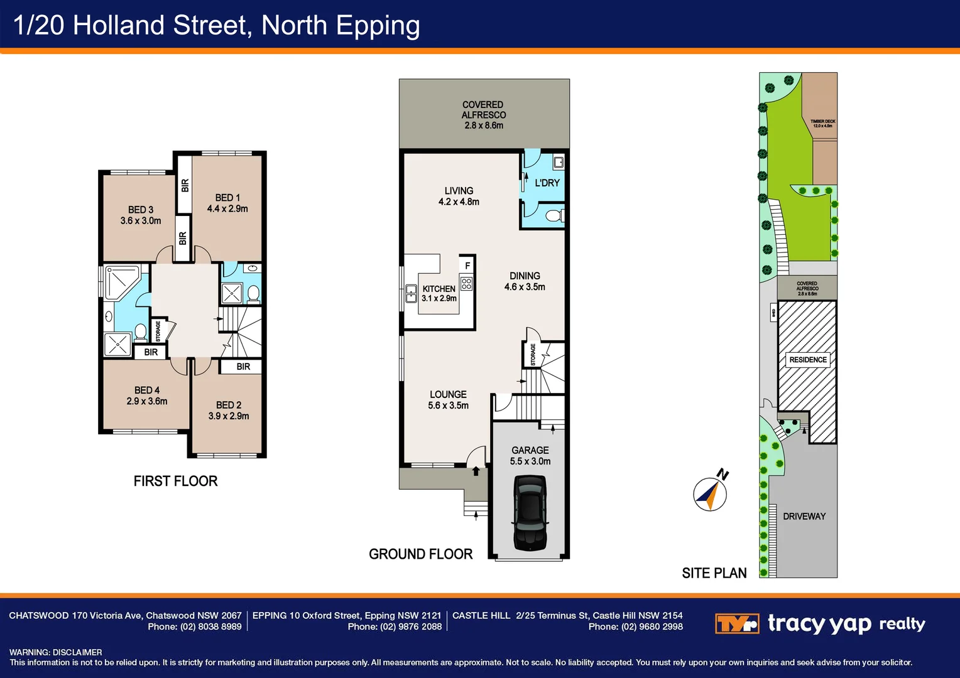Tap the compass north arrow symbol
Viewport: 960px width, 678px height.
(710, 493)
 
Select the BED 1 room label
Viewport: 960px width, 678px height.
(227, 198)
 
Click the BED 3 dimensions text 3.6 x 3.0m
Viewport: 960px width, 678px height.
(141, 221)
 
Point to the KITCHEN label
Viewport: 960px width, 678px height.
(439, 289)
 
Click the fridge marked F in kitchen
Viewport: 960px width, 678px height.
(467, 266)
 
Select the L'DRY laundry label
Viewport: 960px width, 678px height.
(547, 183)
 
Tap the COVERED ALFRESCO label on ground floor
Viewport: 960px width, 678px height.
(483, 110)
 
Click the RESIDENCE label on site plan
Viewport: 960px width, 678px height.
(808, 360)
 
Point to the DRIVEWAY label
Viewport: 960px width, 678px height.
(804, 517)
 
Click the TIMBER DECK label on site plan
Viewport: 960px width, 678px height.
(822, 123)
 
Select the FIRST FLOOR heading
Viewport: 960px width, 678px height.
(175, 482)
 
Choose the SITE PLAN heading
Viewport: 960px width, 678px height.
(714, 573)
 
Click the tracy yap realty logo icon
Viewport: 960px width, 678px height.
(737, 624)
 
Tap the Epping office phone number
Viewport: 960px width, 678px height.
(395, 627)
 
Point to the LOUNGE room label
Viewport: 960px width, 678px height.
(448, 394)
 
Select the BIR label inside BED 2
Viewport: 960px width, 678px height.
(243, 367)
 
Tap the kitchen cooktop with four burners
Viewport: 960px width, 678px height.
(466, 284)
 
